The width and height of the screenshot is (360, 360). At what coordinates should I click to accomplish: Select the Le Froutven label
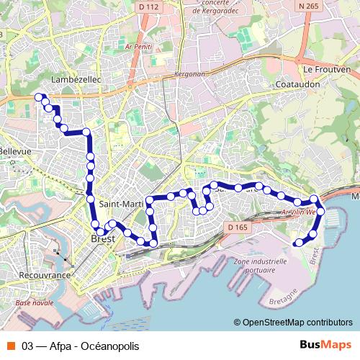pyautogui.click(x=327, y=70)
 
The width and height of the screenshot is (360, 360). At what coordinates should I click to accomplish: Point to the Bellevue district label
pyautogui.click(x=15, y=152)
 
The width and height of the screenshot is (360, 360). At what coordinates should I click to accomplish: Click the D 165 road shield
pyautogui.click(x=238, y=228)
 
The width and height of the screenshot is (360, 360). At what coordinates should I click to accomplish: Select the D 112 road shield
pyautogui.click(x=148, y=6)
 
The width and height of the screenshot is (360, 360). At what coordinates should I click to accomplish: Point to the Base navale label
pyautogui.click(x=35, y=303)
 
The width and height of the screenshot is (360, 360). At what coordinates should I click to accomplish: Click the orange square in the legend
pyautogui.click(x=10, y=346)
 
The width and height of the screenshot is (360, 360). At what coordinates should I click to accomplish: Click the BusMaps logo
pyautogui.click(x=325, y=345)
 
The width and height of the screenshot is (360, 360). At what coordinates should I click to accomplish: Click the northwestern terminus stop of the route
pyautogui.click(x=39, y=97)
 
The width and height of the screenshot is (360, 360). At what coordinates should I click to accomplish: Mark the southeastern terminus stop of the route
pyautogui.click(x=299, y=243)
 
